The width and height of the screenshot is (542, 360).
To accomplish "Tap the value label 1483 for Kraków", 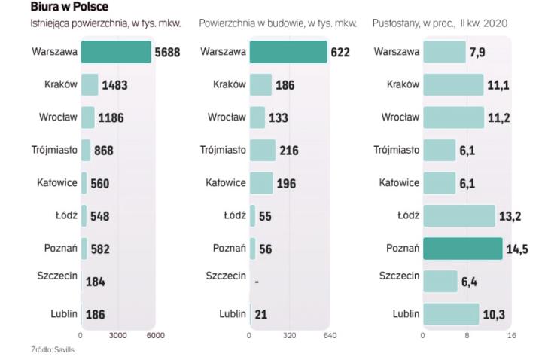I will click(114, 85).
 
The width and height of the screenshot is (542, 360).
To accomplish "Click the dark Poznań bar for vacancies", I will click(462, 248).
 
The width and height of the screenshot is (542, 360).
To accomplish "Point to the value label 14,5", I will click(516, 249).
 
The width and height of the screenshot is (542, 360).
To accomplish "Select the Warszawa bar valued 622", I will click(288, 52).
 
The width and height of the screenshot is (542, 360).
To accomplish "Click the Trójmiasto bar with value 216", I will click(263, 150).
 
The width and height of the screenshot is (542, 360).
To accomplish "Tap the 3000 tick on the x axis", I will click(117, 335).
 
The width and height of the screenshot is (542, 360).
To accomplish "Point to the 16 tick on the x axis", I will click(511, 335).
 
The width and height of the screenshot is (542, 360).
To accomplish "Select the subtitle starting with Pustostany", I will click(440, 24).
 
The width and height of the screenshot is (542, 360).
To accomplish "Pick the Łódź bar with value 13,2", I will click(458, 215).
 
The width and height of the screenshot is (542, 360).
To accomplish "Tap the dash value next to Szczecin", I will click(257, 282).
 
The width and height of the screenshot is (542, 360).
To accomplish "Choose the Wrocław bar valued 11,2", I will click(453, 117).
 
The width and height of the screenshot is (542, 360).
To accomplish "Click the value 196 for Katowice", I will click(287, 183).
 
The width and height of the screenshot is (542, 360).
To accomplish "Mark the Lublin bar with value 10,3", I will click(450, 313).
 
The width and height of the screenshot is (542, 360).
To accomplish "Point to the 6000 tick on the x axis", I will click(154, 335).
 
